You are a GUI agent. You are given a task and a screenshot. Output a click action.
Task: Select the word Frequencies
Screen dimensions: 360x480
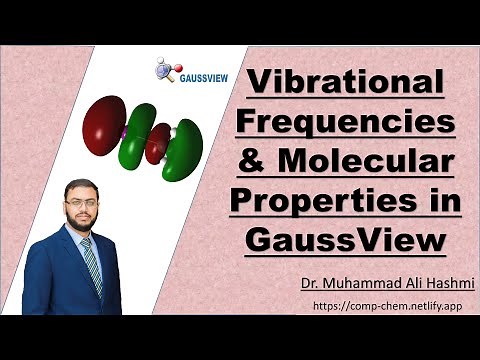pos(344,122)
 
